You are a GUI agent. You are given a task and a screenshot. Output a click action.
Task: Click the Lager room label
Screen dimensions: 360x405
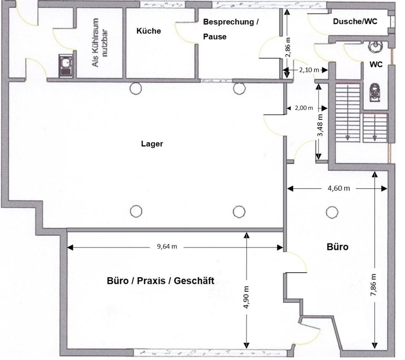point(151,144)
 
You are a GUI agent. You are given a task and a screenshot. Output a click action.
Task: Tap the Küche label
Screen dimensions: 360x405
point(148,31)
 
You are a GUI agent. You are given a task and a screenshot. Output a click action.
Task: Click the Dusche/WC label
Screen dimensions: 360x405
point(355,22)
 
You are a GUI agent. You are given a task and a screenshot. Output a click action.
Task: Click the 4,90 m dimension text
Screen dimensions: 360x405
point(246,298)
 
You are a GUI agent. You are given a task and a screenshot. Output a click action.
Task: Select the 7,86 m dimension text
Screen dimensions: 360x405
point(374,285)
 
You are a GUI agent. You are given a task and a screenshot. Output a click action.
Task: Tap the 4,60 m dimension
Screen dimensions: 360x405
point(339,188)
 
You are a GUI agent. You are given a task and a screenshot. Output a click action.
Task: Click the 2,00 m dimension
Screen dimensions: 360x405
point(303,108)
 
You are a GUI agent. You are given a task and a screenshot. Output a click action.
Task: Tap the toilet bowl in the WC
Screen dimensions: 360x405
point(374,93)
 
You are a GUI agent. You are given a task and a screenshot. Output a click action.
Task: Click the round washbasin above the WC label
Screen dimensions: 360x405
point(375,45)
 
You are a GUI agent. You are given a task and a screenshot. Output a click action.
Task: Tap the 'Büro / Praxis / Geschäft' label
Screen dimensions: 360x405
point(160,281)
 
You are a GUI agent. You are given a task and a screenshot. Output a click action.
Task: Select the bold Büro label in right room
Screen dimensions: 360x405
point(337,247)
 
